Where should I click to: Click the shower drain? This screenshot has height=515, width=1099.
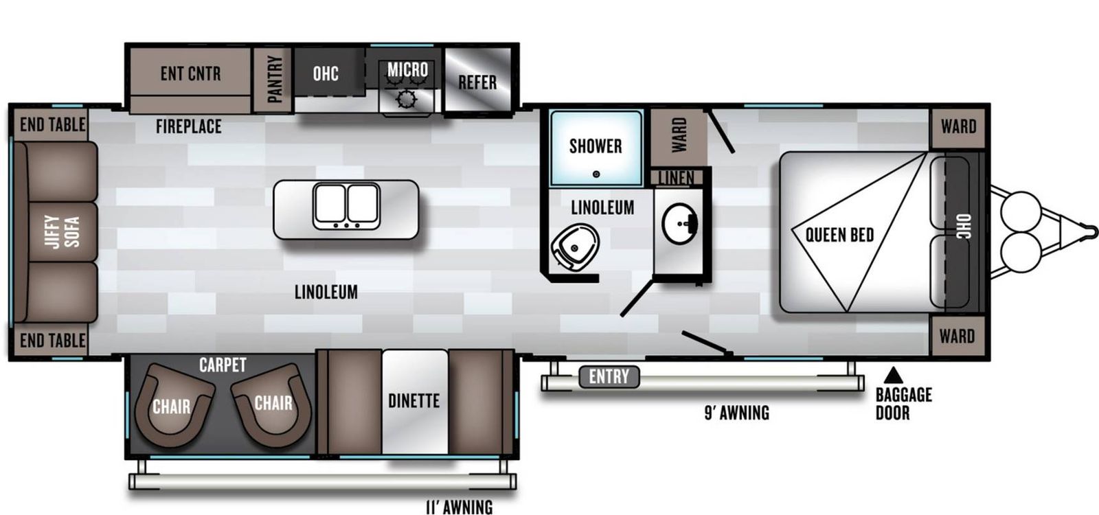pyautogui.click(x=596, y=174)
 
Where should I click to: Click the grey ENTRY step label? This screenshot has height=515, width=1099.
pyautogui.click(x=609, y=377)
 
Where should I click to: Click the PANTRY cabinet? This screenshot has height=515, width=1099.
pyautogui.click(x=273, y=80)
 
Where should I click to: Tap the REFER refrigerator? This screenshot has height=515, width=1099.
pyautogui.click(x=477, y=80)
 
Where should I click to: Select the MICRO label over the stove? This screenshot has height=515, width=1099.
pyautogui.click(x=408, y=69)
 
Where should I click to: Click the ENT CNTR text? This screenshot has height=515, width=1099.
pyautogui.click(x=190, y=73)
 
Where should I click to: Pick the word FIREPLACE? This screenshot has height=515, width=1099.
pyautogui.click(x=188, y=126)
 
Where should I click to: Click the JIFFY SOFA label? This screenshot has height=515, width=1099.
pyautogui.click(x=63, y=231)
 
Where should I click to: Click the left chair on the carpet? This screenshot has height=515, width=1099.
pyautogui.click(x=172, y=405)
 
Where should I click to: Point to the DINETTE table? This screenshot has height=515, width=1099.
pyautogui.click(x=415, y=402)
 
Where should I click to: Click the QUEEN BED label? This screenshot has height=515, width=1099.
pyautogui.click(x=839, y=235)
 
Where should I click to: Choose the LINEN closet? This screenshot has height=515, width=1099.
pyautogui.click(x=677, y=178)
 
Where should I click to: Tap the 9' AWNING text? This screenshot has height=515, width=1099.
pyautogui.click(x=737, y=413)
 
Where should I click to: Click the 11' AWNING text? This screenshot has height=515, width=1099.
pyautogui.click(x=460, y=507)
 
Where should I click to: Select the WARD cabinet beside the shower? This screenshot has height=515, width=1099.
pyautogui.click(x=679, y=137)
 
